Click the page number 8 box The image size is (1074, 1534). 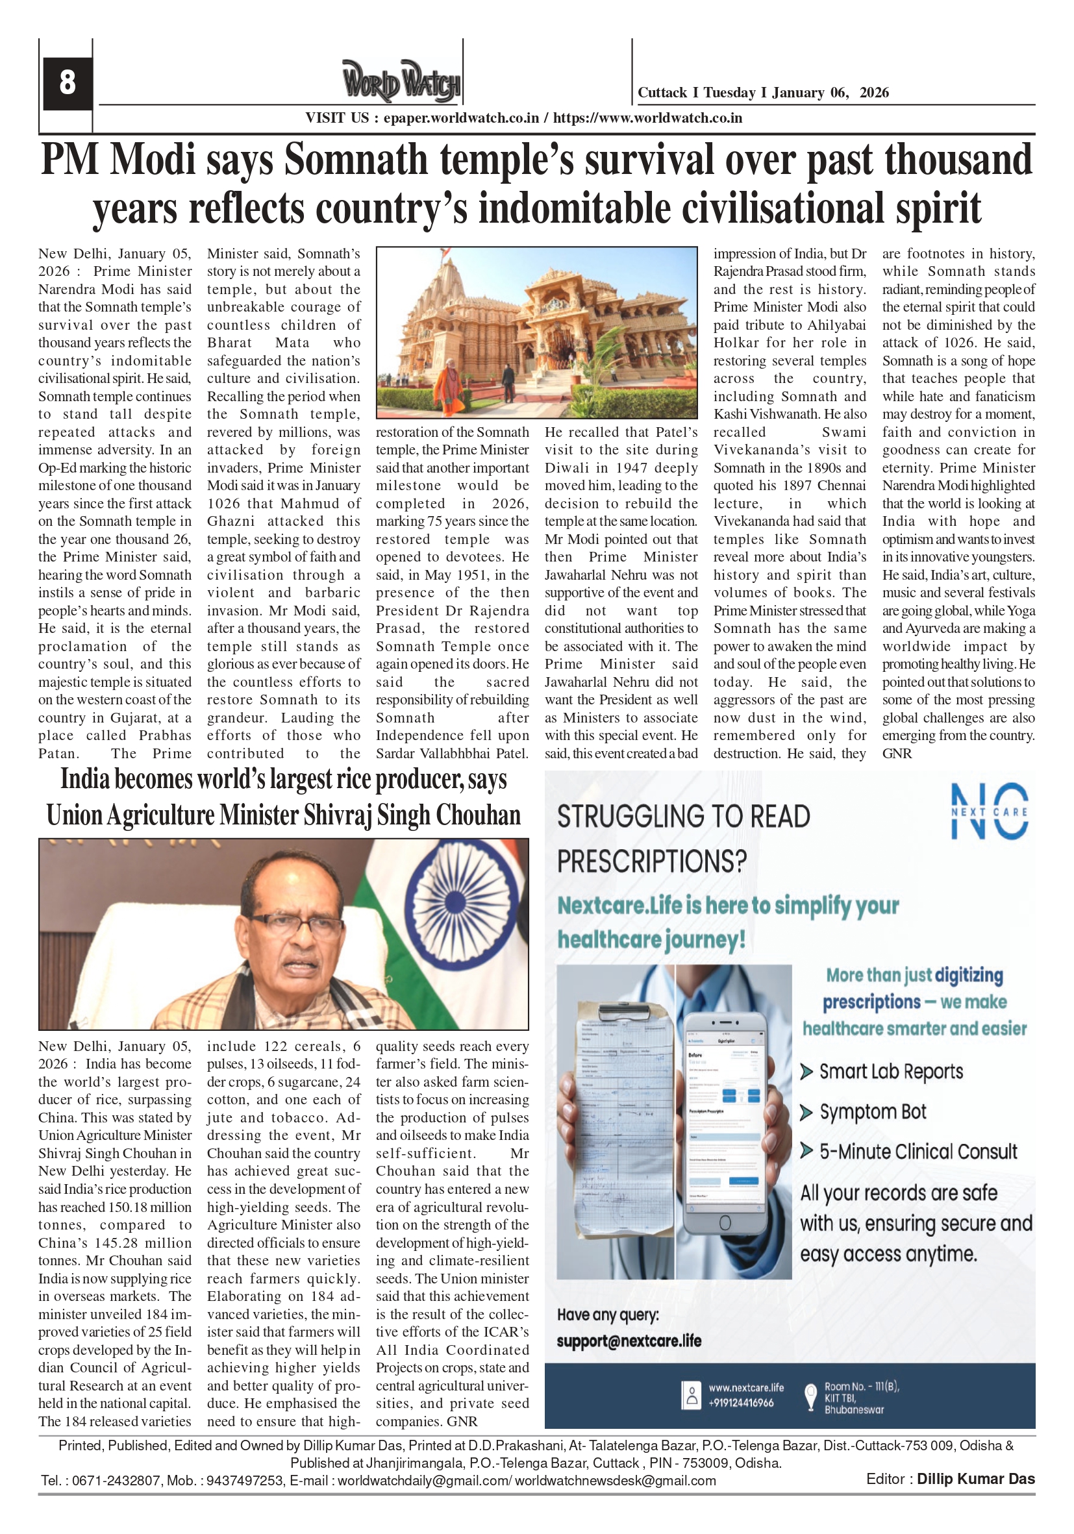67,83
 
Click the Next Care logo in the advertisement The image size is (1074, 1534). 988,811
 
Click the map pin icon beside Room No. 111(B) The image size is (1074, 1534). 810,1396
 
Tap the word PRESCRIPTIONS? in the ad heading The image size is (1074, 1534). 652,861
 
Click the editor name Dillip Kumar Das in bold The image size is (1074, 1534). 975,1479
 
